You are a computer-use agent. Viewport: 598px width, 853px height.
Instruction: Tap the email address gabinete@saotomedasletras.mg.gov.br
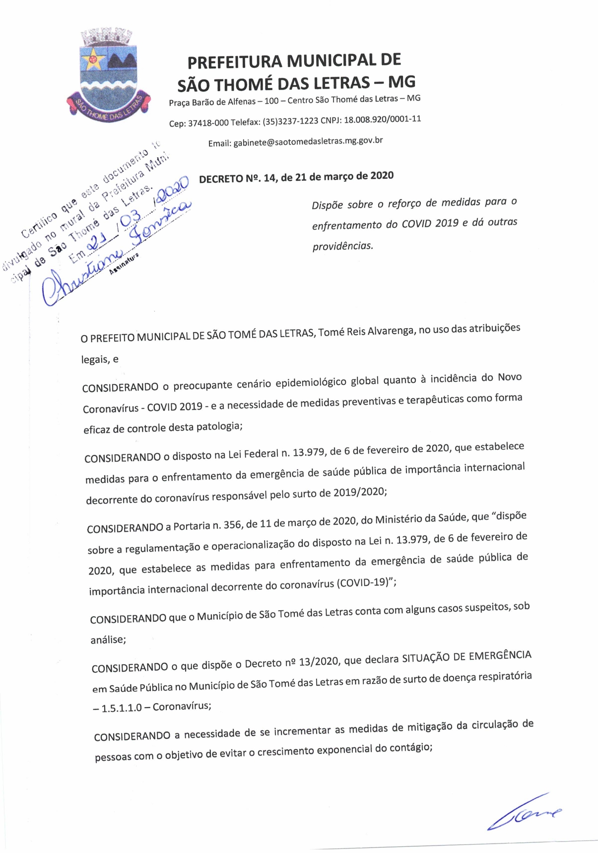tap(308, 142)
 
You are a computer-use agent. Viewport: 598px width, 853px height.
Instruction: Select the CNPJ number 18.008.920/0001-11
tap(382, 120)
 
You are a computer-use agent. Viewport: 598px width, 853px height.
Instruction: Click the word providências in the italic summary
tap(342, 246)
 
